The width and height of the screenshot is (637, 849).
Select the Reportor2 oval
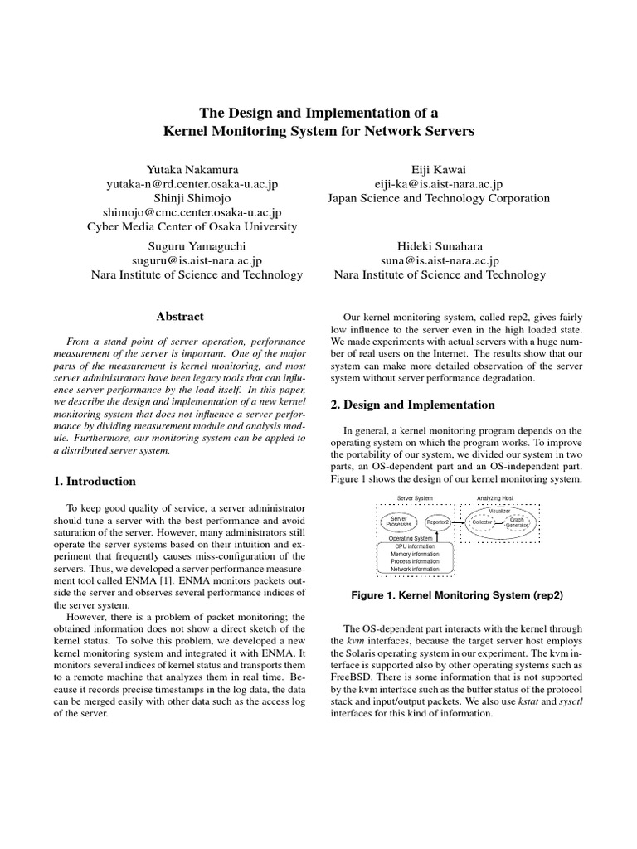click(437, 522)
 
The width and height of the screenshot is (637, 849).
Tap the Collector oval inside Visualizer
click(482, 522)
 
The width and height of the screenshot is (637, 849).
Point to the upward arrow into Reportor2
click(437, 536)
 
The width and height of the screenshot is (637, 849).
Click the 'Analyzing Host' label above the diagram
click(495, 497)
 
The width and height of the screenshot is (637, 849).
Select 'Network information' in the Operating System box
click(416, 570)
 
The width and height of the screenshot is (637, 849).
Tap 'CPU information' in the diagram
click(416, 547)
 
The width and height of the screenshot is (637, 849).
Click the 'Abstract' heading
click(180, 316)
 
